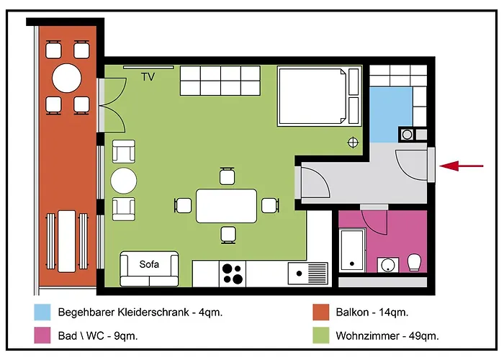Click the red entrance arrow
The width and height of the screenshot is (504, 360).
(x=462, y=166)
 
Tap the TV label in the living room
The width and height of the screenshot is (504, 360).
(x=148, y=76)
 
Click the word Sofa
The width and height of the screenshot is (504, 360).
(x=149, y=264)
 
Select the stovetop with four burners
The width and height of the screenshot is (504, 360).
(x=233, y=274)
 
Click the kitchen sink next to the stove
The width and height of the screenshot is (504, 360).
(x=308, y=274)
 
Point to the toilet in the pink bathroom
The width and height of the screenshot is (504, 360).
(x=414, y=263)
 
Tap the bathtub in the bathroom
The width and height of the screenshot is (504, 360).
(x=353, y=250)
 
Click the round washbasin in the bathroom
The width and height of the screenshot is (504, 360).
(x=387, y=265)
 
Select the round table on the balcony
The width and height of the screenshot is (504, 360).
(x=67, y=78)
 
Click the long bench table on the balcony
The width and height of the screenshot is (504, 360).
(x=67, y=241)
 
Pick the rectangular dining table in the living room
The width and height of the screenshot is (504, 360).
(x=226, y=206)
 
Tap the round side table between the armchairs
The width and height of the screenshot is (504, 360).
(x=124, y=181)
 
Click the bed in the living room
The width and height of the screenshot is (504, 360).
(x=319, y=96)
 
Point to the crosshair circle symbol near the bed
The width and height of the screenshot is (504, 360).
(x=353, y=143)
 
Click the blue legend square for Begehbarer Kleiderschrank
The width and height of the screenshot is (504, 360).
(x=42, y=312)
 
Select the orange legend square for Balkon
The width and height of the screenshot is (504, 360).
(x=321, y=312)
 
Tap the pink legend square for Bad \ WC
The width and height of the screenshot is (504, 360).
(x=42, y=336)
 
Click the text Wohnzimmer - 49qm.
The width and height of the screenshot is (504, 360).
(x=387, y=336)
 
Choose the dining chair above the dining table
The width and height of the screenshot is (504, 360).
(x=228, y=176)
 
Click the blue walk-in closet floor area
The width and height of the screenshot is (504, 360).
(x=390, y=114)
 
